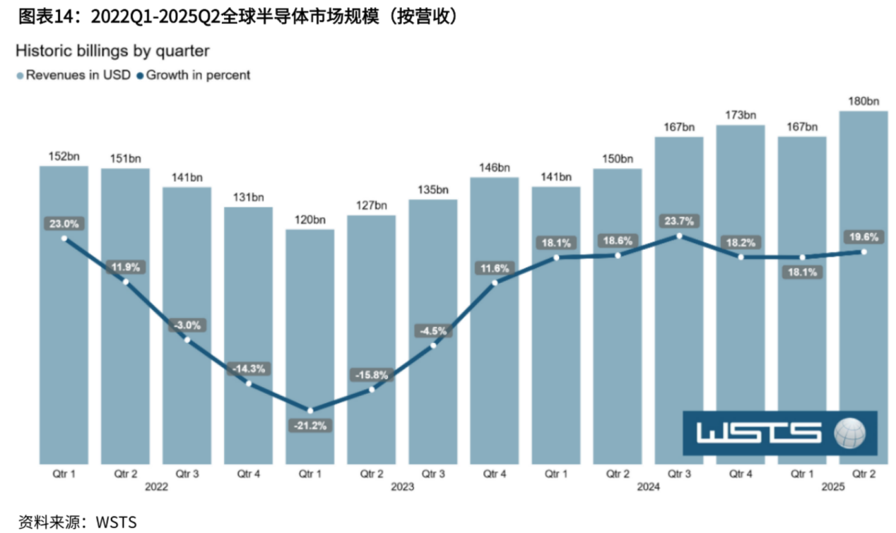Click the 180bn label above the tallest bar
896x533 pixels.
tap(863, 100)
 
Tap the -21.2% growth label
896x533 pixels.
tap(310, 426)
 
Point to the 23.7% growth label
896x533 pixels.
tap(679, 220)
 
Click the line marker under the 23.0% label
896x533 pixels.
tap(64, 239)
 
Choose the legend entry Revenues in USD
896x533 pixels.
tap(73, 75)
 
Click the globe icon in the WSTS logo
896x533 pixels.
tap(849, 433)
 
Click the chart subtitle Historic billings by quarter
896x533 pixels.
tap(112, 51)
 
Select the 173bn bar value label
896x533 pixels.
tap(741, 114)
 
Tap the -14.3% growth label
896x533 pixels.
tap(249, 369)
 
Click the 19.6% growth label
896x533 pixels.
tap(863, 237)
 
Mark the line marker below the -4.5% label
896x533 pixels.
tap(433, 345)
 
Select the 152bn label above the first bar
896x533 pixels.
tap(64, 156)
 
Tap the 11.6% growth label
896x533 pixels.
tap(495, 268)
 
